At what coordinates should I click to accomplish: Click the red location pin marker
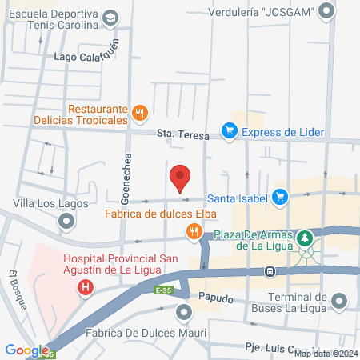pos(180,176)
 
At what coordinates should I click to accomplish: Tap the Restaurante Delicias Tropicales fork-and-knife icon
pos(139,112)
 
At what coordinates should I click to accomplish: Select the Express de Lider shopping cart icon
pos(229,132)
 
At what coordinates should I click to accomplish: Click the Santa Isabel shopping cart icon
pos(279,196)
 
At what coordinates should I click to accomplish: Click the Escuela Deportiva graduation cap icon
pos(110,18)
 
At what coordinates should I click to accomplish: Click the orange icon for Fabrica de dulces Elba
pos(193,232)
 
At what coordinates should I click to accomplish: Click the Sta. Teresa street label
pos(178,133)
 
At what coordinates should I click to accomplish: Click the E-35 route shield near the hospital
pos(164,290)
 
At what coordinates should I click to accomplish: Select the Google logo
pos(26,350)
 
